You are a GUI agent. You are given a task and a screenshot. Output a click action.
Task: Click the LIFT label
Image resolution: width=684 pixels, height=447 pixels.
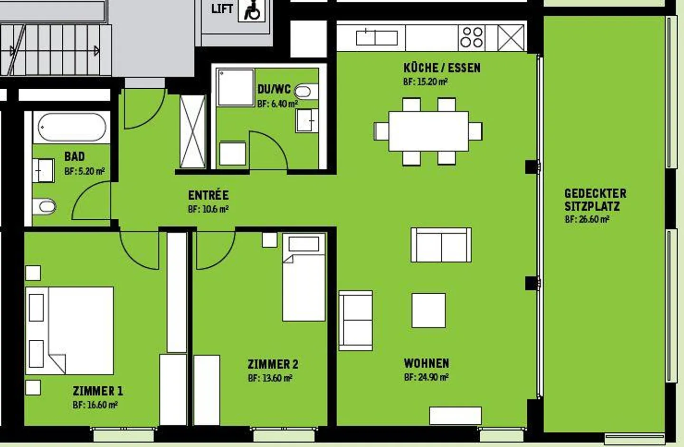click(x=222, y=9)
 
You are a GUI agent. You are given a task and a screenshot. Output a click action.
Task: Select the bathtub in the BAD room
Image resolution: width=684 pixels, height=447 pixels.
click(x=72, y=127)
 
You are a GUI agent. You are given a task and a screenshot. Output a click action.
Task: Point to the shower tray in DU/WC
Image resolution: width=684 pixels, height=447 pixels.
click(x=235, y=88)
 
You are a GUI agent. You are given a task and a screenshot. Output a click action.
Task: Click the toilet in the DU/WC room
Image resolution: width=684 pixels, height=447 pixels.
click(x=306, y=91)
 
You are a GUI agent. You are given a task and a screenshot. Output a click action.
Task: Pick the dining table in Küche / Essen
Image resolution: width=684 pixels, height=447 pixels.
click(x=428, y=131)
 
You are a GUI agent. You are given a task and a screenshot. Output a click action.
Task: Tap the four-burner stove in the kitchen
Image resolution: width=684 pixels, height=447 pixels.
click(x=472, y=37)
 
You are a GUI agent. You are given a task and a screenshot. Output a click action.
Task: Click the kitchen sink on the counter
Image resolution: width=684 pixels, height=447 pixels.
click(x=377, y=37)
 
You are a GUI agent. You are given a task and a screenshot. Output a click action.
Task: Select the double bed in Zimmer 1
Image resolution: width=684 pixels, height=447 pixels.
click(x=70, y=330)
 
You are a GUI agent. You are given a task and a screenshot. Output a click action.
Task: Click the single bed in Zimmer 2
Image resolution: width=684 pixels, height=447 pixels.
click(x=304, y=278)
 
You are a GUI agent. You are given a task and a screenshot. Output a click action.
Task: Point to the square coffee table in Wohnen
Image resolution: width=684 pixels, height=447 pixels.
click(x=428, y=310)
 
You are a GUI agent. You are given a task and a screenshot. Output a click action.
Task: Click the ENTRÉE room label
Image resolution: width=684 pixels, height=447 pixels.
click(x=208, y=195)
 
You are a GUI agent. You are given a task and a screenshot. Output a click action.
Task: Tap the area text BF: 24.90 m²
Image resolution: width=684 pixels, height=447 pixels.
click(x=426, y=378)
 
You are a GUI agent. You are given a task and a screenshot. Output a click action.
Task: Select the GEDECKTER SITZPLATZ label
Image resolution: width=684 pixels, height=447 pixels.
click(x=595, y=200)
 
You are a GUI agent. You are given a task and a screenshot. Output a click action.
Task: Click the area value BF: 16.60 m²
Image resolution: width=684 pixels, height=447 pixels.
click(x=95, y=405)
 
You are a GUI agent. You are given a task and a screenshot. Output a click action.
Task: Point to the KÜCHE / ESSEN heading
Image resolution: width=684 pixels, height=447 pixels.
click(x=442, y=68)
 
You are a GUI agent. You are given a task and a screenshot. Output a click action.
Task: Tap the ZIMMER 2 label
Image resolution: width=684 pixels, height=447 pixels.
click(x=273, y=364)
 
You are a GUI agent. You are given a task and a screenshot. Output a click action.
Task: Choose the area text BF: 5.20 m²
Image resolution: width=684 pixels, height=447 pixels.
click(x=84, y=171)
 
